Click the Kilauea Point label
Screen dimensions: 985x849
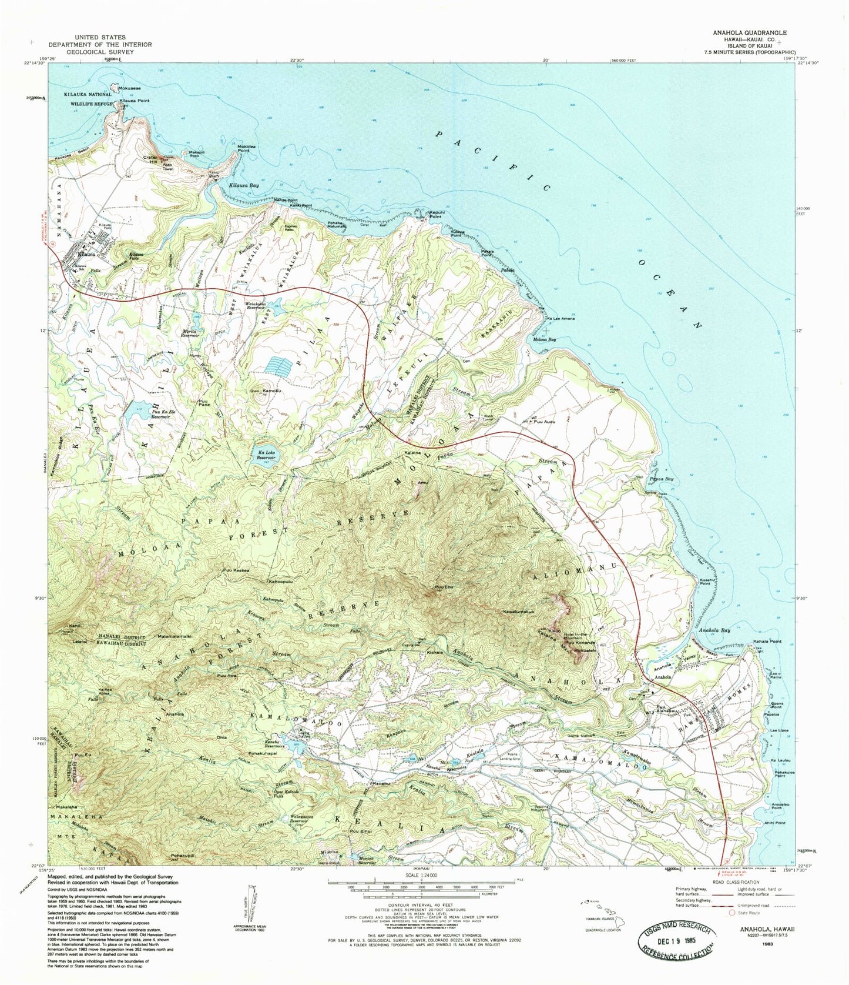coord(135,101)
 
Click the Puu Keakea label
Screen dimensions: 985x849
coord(236,570)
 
